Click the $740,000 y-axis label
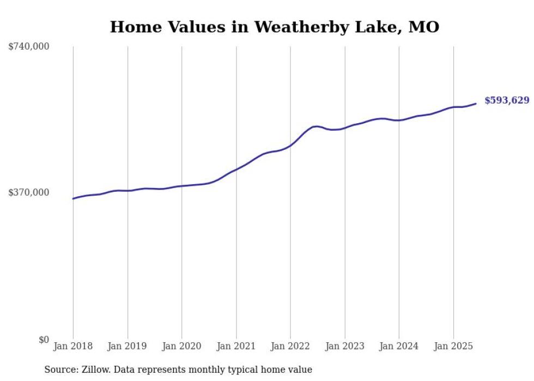(29, 47)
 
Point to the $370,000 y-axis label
(29, 192)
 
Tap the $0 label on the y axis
(44, 340)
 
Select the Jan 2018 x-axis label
(73, 346)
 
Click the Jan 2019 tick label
(128, 346)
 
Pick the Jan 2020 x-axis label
(182, 346)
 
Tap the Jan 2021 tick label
(236, 346)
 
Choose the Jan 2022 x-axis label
(290, 346)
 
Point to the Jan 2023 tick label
(345, 346)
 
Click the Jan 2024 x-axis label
(399, 346)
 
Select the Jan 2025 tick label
(453, 346)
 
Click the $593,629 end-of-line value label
(507, 100)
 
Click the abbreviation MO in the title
(424, 27)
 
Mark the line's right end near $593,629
(476, 104)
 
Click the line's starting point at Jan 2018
(73, 198)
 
